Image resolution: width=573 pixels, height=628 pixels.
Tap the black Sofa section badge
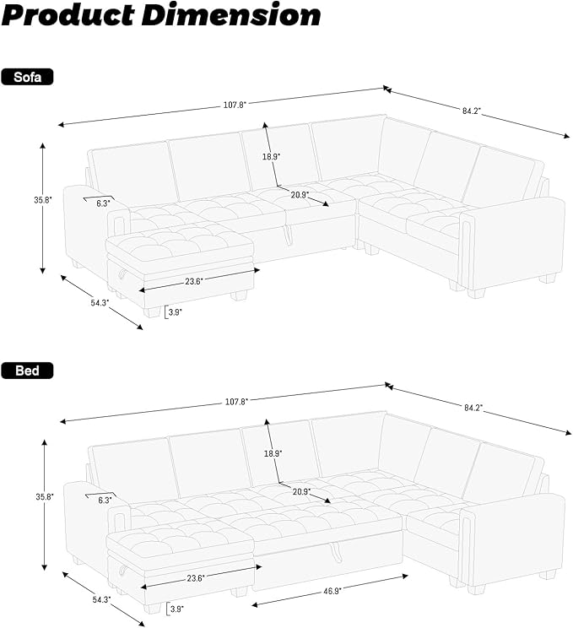28,78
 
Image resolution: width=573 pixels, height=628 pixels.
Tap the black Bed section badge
27,370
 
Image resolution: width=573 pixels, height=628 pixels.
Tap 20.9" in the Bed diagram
301,490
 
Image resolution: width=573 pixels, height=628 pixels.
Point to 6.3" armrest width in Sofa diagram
103,203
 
